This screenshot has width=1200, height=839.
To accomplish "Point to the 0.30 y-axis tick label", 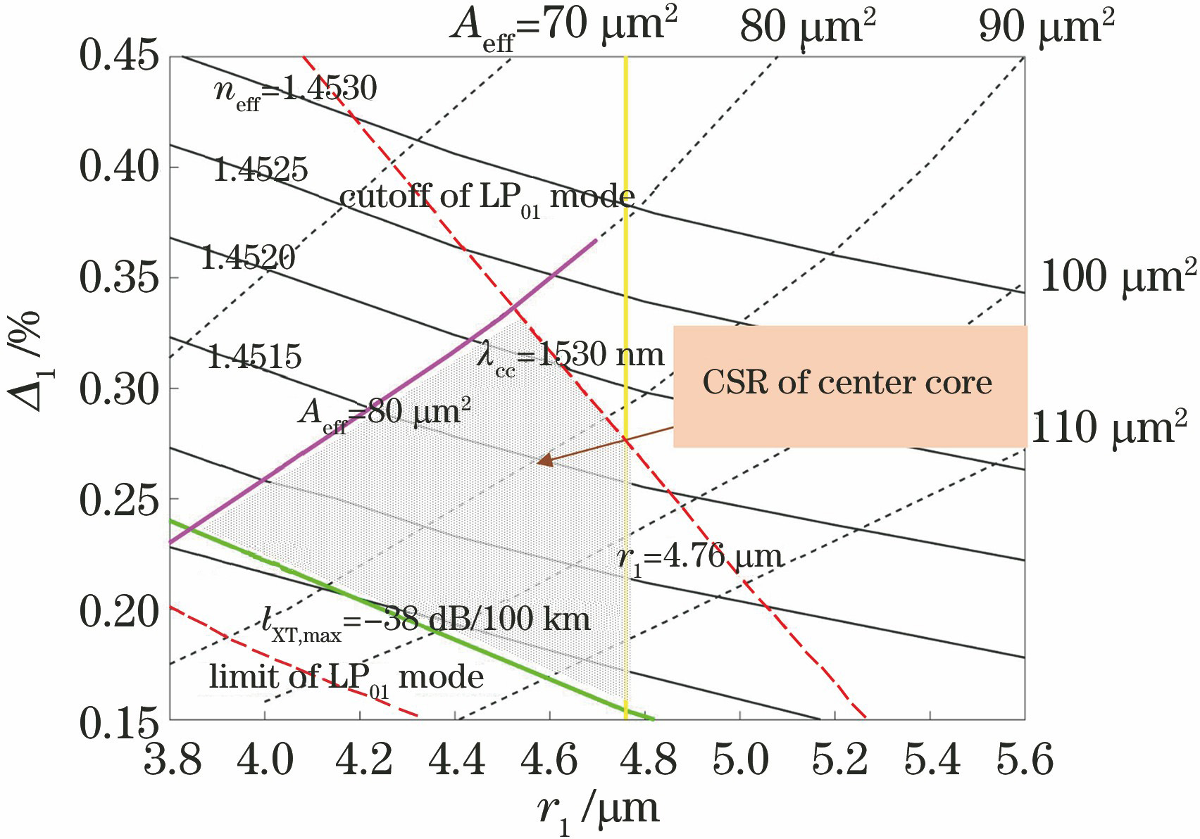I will click(118, 389).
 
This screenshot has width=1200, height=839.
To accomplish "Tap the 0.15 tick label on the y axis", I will click(118, 722).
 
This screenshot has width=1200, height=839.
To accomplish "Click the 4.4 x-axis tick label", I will click(457, 761).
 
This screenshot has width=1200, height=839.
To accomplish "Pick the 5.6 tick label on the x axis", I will click(1024, 761).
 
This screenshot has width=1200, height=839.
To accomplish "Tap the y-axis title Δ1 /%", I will click(26, 360).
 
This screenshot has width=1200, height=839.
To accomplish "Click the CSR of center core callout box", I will click(849, 386).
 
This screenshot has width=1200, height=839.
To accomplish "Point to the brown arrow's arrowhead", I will click(543, 462).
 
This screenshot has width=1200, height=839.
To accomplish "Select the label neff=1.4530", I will click(295, 92).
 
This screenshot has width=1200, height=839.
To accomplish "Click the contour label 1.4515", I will click(254, 358).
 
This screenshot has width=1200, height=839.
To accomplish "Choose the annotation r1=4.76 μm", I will click(699, 558).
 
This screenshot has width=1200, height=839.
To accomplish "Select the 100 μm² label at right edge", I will click(1117, 276).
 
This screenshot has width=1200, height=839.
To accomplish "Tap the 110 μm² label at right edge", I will click(1108, 429).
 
